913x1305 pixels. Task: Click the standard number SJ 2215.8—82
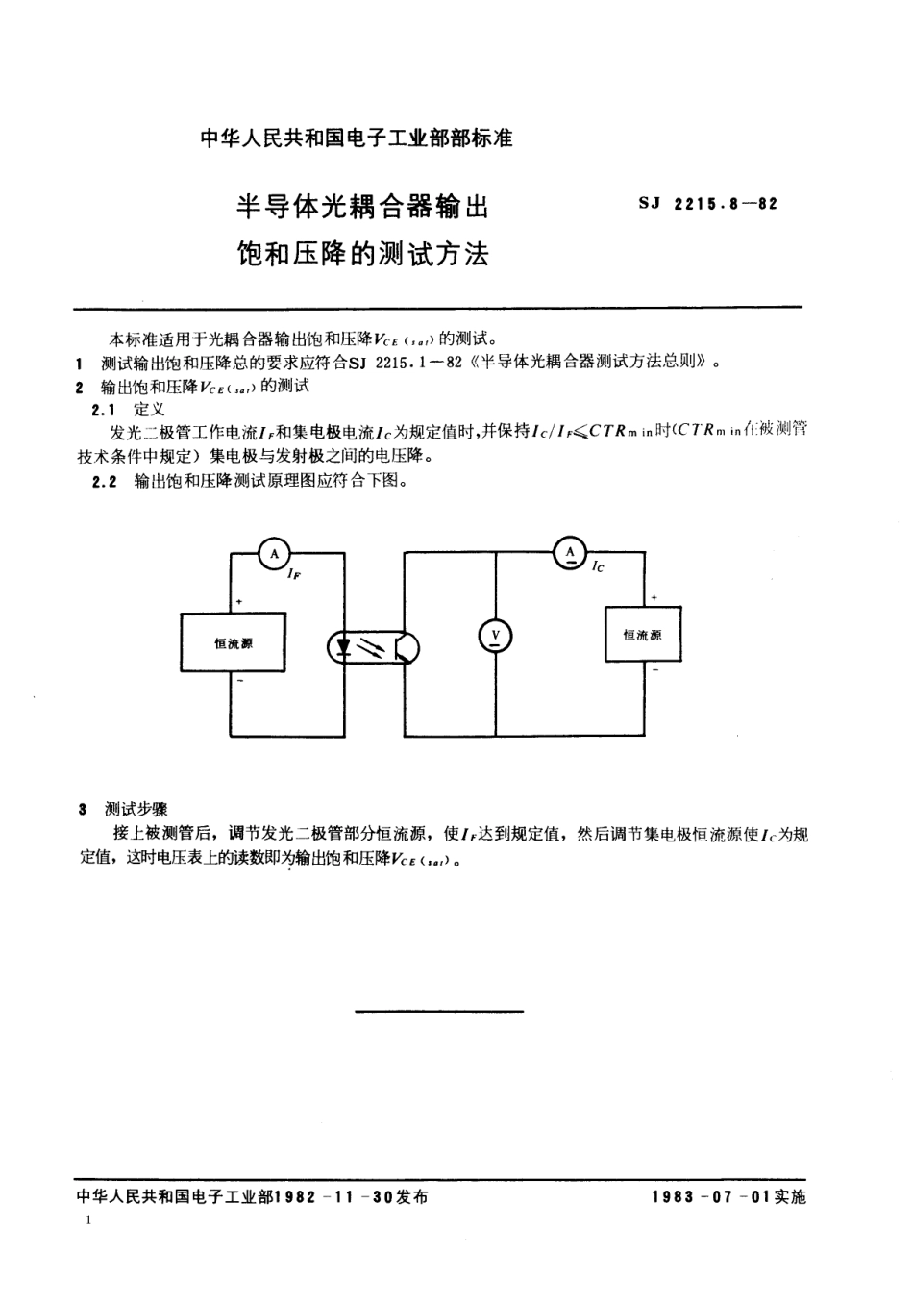(x=707, y=204)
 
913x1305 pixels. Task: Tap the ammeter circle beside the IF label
(x=275, y=553)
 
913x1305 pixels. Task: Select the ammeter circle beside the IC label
(x=571, y=552)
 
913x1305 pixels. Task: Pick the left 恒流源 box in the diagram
(x=233, y=642)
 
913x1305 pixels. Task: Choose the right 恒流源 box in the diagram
(x=642, y=635)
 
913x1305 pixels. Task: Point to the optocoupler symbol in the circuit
(x=374, y=646)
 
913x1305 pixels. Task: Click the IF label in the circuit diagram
(x=293, y=573)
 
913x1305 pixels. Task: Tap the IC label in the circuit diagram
(x=598, y=566)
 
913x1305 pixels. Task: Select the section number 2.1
(x=102, y=410)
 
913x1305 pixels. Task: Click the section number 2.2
(x=104, y=482)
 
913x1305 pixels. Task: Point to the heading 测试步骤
(x=136, y=809)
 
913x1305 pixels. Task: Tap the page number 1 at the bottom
(x=88, y=1220)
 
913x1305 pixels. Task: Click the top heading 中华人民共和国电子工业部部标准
(x=357, y=138)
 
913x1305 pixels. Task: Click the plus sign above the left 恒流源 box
(x=238, y=602)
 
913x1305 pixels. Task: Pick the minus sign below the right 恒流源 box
(x=654, y=670)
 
